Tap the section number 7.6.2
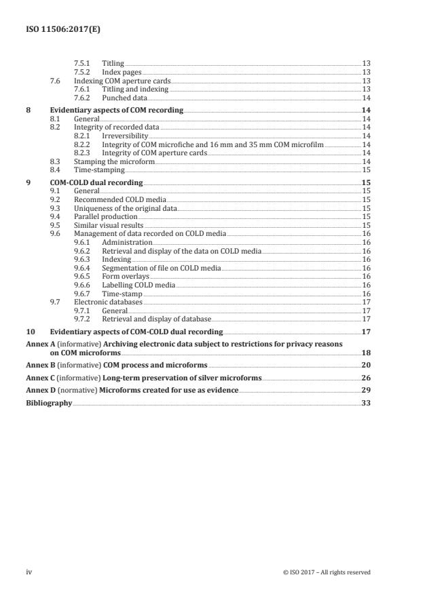coord(82,98)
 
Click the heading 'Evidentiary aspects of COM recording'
coord(117,109)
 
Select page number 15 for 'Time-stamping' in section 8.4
coord(365,170)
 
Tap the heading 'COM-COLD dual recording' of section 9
coord(96,182)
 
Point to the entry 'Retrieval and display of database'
coord(156,319)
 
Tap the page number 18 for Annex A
coord(365,353)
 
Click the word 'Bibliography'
coord(48,402)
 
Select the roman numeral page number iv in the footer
coord(29,572)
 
